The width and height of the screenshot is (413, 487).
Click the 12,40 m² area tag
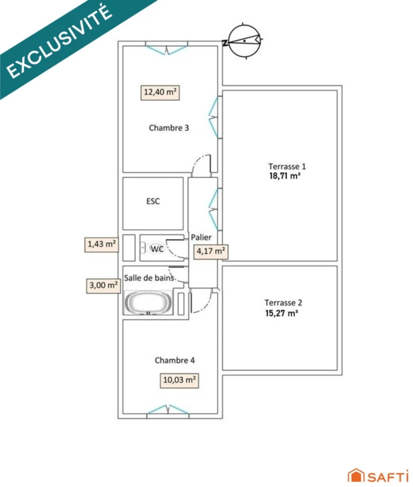(x=160, y=93)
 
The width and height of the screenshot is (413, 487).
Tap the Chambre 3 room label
(x=168, y=128)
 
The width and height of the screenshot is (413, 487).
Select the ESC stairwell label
(x=153, y=201)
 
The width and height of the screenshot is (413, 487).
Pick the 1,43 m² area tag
(x=101, y=244)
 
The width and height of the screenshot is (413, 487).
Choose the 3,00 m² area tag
(x=103, y=285)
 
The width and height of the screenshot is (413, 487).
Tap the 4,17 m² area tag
(x=211, y=251)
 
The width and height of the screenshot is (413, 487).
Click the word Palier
(x=201, y=237)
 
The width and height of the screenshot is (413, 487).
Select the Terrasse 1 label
(x=287, y=167)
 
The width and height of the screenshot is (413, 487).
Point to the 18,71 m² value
(x=284, y=176)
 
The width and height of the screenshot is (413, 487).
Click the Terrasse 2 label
(x=283, y=303)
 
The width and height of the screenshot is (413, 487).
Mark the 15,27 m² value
(x=281, y=313)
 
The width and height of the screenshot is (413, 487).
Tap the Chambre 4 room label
(x=175, y=360)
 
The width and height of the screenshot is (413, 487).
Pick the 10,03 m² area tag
(x=179, y=380)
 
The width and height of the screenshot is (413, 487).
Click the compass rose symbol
(x=245, y=41)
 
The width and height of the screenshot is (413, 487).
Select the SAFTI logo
(x=378, y=476)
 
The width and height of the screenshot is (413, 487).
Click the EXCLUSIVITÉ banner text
(x=60, y=41)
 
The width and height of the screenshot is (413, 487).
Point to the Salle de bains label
(x=149, y=278)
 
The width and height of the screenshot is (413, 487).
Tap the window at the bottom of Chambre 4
(x=168, y=410)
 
